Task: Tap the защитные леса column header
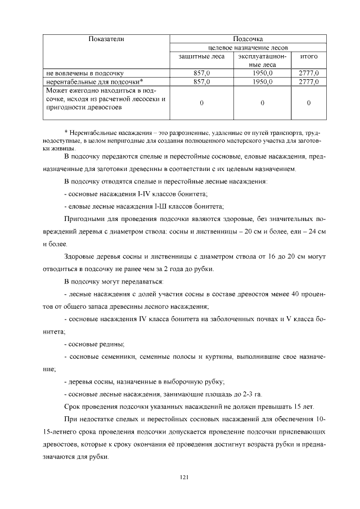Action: (201, 56)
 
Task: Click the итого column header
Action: (309, 56)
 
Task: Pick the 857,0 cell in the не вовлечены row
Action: (201, 73)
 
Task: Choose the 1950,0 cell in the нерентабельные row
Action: (263, 82)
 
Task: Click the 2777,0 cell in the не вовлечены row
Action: (309, 73)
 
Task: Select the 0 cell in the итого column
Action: (309, 103)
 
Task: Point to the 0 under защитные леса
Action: (201, 103)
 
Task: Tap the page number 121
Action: (183, 478)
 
